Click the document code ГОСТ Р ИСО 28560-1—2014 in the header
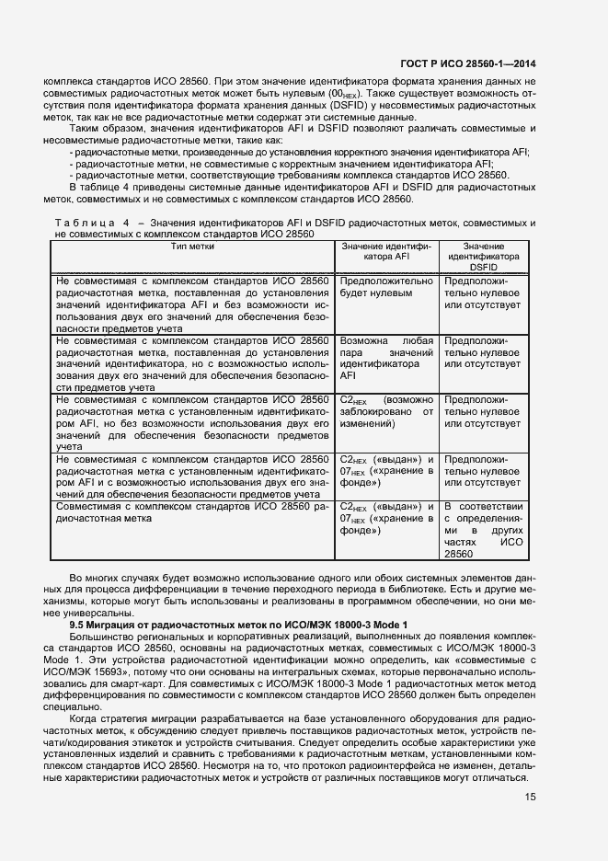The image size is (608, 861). pyautogui.click(x=468, y=63)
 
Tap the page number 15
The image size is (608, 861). pyautogui.click(x=530, y=797)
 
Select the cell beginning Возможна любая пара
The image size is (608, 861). pyautogui.click(x=386, y=358)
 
